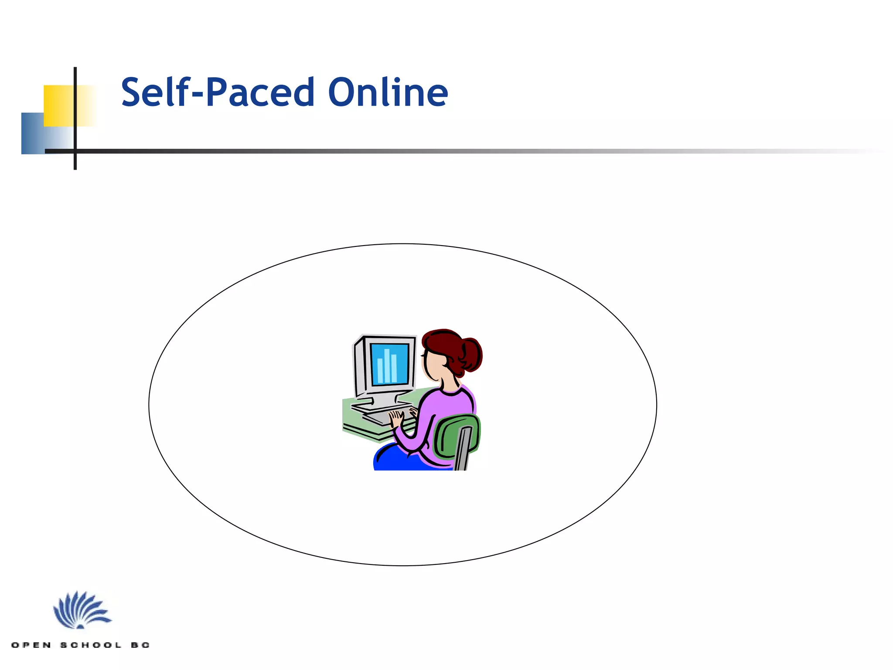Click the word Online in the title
click(388, 92)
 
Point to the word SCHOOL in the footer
click(91, 645)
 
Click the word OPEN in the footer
click(31, 645)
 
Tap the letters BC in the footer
click(140, 645)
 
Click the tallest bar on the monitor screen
click(387, 366)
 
